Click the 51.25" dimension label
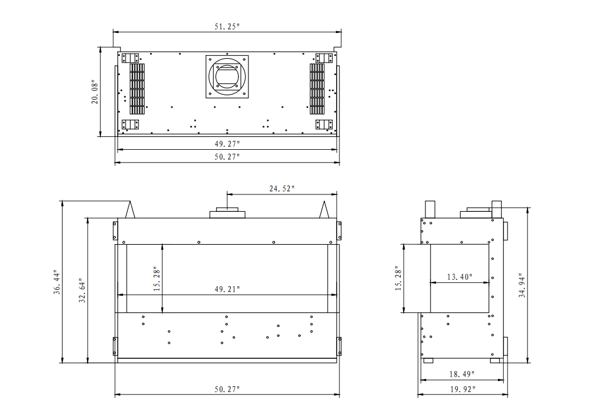[x=227, y=27]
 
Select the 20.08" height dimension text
[x=95, y=92]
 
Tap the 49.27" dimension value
[x=227, y=144]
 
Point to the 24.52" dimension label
[x=281, y=188]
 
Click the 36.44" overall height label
[x=57, y=282]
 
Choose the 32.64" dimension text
[x=82, y=290]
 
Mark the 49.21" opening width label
[x=227, y=289]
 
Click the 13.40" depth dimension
[x=459, y=277]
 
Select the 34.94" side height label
[x=522, y=285]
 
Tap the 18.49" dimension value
[x=462, y=374]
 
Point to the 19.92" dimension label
[x=463, y=389]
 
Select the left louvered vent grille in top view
[x=137, y=89]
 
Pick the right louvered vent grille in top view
[x=317, y=89]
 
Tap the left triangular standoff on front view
[x=130, y=210]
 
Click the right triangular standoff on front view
[x=324, y=210]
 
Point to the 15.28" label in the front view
[x=157, y=279]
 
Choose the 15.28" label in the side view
[x=398, y=278]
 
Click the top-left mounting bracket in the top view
[x=130, y=58]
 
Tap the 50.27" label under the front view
[x=227, y=389]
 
